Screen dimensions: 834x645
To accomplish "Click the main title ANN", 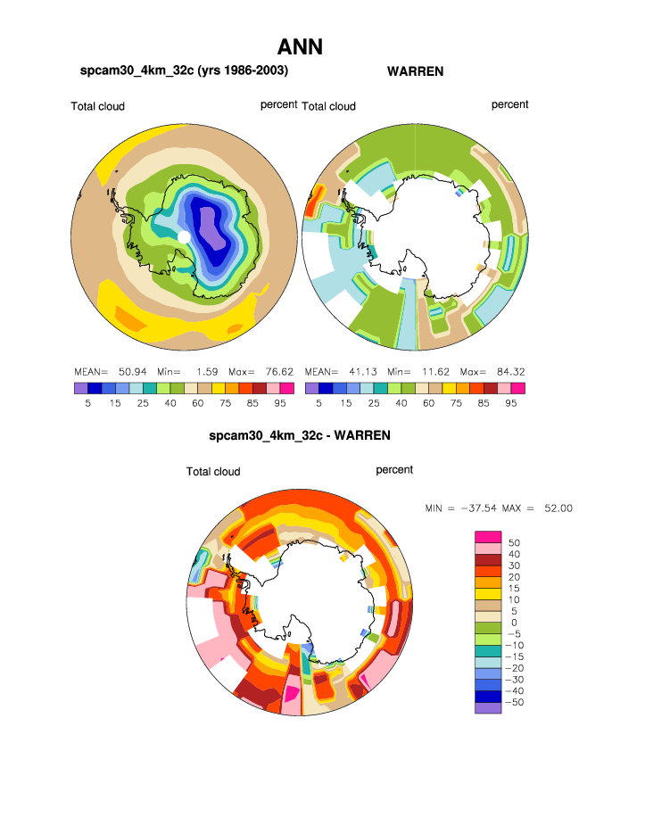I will click(300, 46).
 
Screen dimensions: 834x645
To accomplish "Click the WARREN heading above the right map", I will click(415, 70).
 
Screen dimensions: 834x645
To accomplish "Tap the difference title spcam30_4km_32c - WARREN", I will click(299, 436).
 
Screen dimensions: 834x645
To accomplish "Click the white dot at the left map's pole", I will click(184, 236).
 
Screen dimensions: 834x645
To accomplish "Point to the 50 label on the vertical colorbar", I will click(514, 541).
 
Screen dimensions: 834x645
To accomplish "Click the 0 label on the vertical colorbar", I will click(512, 622).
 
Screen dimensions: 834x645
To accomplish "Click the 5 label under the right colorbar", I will click(318, 403).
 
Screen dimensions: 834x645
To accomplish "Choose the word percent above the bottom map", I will click(394, 469).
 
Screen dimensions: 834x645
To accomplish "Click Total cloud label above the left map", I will click(97, 106).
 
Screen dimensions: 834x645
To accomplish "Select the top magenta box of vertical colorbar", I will click(487, 535).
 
